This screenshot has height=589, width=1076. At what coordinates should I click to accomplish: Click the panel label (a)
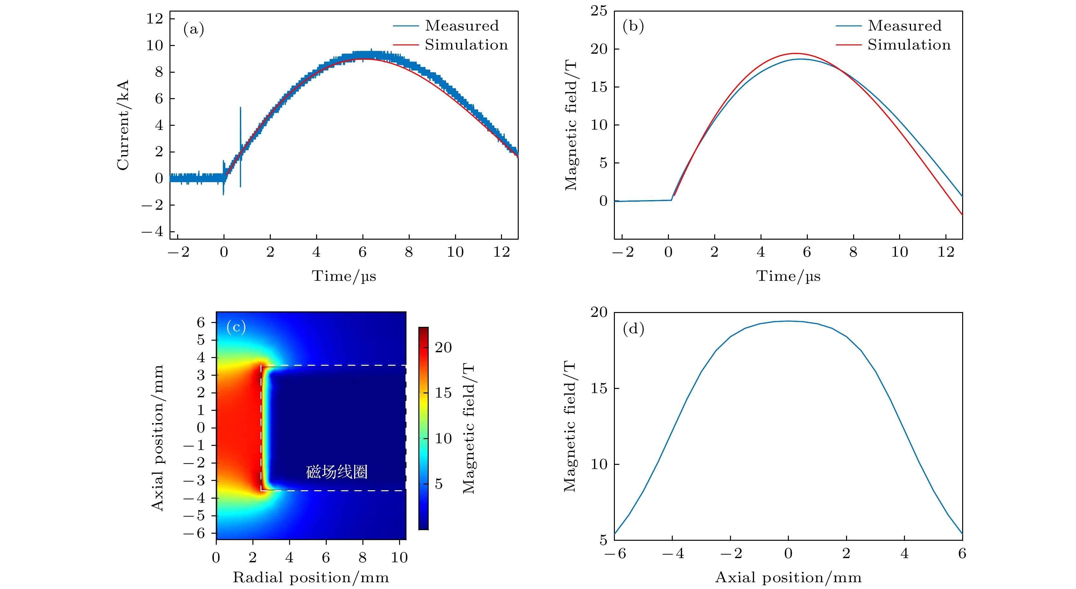coord(193,29)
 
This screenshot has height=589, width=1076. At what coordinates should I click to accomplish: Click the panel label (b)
coord(633,26)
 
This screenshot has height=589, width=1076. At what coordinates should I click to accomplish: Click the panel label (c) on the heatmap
coord(236,327)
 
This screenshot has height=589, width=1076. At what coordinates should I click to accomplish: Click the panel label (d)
coord(633,329)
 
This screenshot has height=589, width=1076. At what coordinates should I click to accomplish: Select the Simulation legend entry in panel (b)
coord(908,45)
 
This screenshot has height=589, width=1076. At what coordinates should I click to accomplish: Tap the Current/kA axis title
coord(123,125)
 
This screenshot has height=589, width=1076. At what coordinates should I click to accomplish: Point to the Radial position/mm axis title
coord(311,577)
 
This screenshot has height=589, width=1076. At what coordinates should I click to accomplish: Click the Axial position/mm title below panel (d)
coord(788,577)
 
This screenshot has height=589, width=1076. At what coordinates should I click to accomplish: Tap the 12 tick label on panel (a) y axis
coord(155,19)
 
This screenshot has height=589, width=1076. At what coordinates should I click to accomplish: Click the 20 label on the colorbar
coord(443,347)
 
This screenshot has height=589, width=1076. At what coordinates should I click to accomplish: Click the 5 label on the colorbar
coord(439,484)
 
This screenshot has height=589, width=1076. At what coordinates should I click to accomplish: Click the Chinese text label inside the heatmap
coord(337,472)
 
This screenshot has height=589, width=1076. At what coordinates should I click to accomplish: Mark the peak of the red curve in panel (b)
coord(796,53)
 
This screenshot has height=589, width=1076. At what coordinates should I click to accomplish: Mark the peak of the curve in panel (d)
coord(788,321)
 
